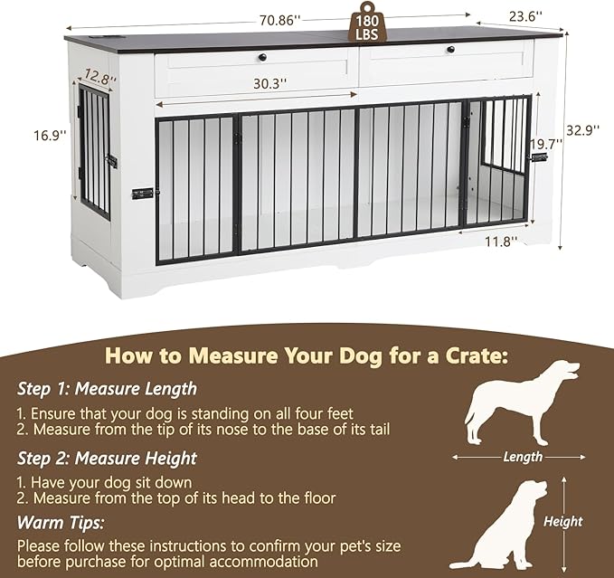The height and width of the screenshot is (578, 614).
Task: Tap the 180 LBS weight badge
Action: tap(366, 25)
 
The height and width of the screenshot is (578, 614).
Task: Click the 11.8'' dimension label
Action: tap(497, 242)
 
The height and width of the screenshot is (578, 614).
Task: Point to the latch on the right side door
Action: tap(539, 157)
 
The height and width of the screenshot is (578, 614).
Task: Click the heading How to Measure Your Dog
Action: tap(306, 355)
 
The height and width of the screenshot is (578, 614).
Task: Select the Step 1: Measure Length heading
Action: tap(107, 389)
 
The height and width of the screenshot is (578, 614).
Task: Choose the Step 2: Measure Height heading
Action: tap(107, 458)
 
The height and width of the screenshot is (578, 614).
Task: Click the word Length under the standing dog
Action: tap(523, 458)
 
